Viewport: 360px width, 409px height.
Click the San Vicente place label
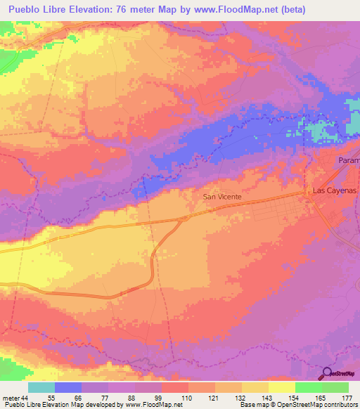222,197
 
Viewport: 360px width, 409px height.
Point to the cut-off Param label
348,161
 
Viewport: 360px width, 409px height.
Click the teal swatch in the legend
41,387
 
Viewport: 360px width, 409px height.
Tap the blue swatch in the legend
68,387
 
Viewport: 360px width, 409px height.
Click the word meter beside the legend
11,398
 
